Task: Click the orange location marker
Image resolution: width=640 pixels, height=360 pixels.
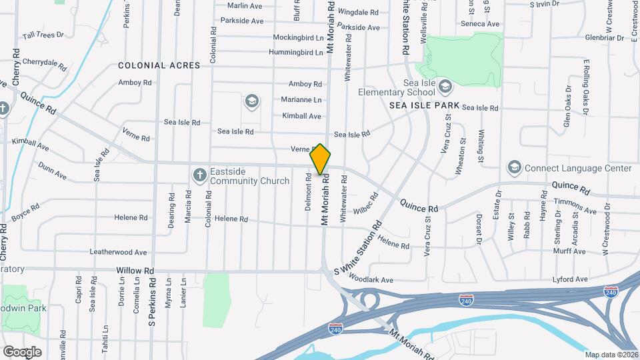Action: pos(320,160)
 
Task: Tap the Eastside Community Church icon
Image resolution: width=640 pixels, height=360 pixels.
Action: pos(199,175)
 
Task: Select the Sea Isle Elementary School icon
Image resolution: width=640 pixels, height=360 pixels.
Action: pos(445,86)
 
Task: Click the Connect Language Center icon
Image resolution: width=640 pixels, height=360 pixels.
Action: pos(514,166)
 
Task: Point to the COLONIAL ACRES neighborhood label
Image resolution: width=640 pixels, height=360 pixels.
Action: pos(159,65)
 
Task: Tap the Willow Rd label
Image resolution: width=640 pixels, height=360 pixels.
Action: pos(135,271)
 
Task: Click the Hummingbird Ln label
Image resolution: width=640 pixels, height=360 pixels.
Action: pos(296,52)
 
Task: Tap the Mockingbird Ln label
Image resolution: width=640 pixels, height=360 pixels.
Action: pos(298,38)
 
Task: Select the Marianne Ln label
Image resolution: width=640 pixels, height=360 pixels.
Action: pos(302,100)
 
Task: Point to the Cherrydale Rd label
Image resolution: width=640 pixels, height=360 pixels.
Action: pos(44,64)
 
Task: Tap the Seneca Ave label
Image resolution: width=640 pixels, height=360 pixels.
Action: pos(480,24)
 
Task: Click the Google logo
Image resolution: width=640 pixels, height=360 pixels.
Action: pos(22,351)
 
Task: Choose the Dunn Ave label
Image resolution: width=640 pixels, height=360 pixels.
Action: pos(52,171)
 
